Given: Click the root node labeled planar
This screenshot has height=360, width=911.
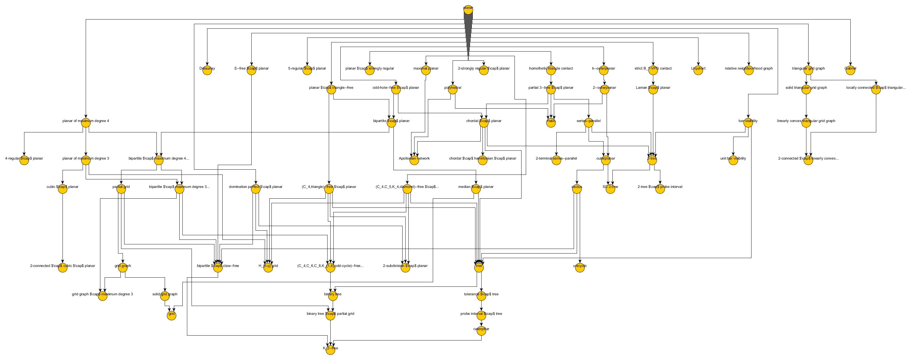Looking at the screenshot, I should click(x=468, y=9).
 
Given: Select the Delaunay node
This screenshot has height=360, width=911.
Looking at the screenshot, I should click(x=207, y=70).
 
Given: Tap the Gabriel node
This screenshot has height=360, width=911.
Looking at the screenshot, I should click(x=850, y=70).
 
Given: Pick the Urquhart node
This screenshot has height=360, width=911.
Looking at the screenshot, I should click(x=698, y=70).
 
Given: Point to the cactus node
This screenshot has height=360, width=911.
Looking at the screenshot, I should click(x=576, y=189).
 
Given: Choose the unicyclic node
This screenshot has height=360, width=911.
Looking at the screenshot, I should click(x=580, y=268).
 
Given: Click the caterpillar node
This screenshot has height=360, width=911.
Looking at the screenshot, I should click(x=481, y=331).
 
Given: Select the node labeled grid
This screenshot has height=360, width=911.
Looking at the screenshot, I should click(x=171, y=315).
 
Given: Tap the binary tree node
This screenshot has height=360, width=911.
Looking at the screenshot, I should click(x=332, y=296).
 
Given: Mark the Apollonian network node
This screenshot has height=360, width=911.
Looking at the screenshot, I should click(x=414, y=160).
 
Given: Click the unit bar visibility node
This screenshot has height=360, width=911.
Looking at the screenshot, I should click(x=733, y=160).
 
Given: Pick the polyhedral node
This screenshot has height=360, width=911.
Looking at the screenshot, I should click(x=452, y=89).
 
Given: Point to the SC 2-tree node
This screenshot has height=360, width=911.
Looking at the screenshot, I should click(x=610, y=189).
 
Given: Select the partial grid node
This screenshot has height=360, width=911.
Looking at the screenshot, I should click(x=121, y=189).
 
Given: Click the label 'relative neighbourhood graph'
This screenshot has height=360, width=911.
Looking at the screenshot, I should click(x=748, y=68).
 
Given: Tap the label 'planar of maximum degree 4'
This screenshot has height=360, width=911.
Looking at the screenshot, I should click(x=86, y=121).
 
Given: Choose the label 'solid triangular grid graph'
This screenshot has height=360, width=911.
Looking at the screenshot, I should click(x=806, y=87).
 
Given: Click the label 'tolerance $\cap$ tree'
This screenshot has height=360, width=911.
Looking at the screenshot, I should click(x=481, y=294).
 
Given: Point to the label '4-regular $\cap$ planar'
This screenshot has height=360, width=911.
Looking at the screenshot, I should click(x=24, y=158).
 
